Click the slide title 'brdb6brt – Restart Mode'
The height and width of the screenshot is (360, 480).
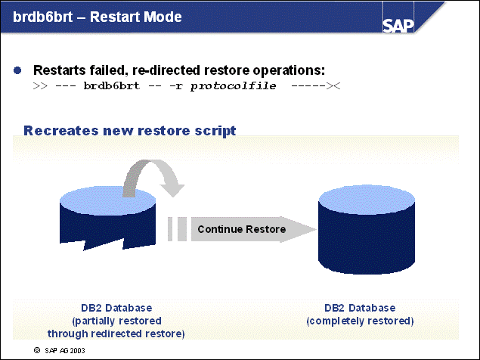click(x=98, y=17)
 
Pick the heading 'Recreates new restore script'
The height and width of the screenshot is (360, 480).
click(x=130, y=131)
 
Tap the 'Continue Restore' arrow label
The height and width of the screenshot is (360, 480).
click(x=241, y=229)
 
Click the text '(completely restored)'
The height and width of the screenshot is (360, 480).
click(x=360, y=321)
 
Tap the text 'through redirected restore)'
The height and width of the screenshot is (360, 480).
click(x=116, y=333)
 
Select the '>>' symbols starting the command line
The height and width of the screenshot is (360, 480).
click(x=40, y=87)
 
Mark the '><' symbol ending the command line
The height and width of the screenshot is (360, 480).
click(x=333, y=87)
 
